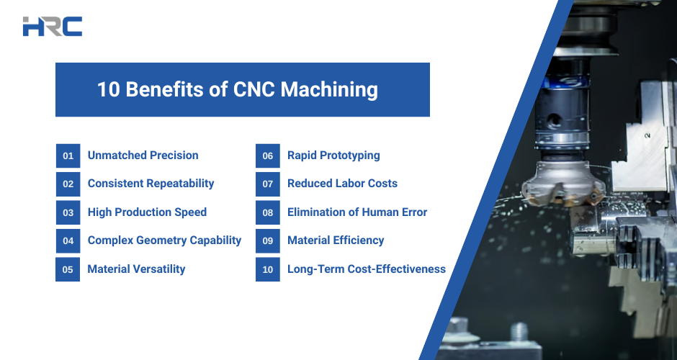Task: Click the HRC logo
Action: coord(53,27)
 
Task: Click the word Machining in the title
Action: coord(329,90)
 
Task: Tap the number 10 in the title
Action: coord(108,90)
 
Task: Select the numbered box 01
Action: coord(68,156)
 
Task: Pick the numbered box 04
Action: coord(68,241)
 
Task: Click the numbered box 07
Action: coord(268,184)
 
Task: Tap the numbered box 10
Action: coord(268,269)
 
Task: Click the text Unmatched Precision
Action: coord(143,156)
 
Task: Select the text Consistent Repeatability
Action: coord(151,184)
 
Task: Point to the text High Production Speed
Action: coord(147,212)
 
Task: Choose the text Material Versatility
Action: coord(136,269)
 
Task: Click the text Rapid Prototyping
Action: coord(333,156)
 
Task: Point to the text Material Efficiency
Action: coord(336,240)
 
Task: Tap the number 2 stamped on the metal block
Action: coord(647,136)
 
